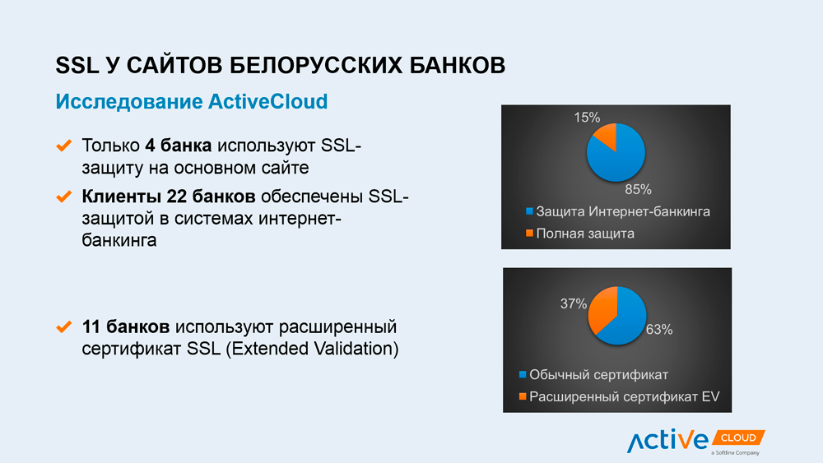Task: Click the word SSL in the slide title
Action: coord(77,66)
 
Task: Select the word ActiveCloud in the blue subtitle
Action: coord(267,101)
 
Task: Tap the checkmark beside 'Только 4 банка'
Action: coord(64,146)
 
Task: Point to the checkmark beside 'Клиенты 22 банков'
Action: coord(64,197)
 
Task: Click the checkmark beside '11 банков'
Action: coord(64,326)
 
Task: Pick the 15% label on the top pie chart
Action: coord(587,117)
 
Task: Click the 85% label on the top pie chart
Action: coord(639,189)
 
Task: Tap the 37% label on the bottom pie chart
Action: coord(573,303)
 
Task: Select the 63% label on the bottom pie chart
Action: coord(659,329)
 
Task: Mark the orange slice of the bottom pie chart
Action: coord(602,310)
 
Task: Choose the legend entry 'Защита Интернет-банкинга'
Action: coord(618,211)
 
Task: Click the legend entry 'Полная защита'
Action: coord(580,234)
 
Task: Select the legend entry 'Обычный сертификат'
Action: coord(593,374)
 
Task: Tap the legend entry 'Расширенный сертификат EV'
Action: coord(620,396)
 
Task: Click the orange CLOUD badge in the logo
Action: coord(738,438)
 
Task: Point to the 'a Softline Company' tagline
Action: coord(735,452)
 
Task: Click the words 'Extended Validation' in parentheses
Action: coord(312,349)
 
